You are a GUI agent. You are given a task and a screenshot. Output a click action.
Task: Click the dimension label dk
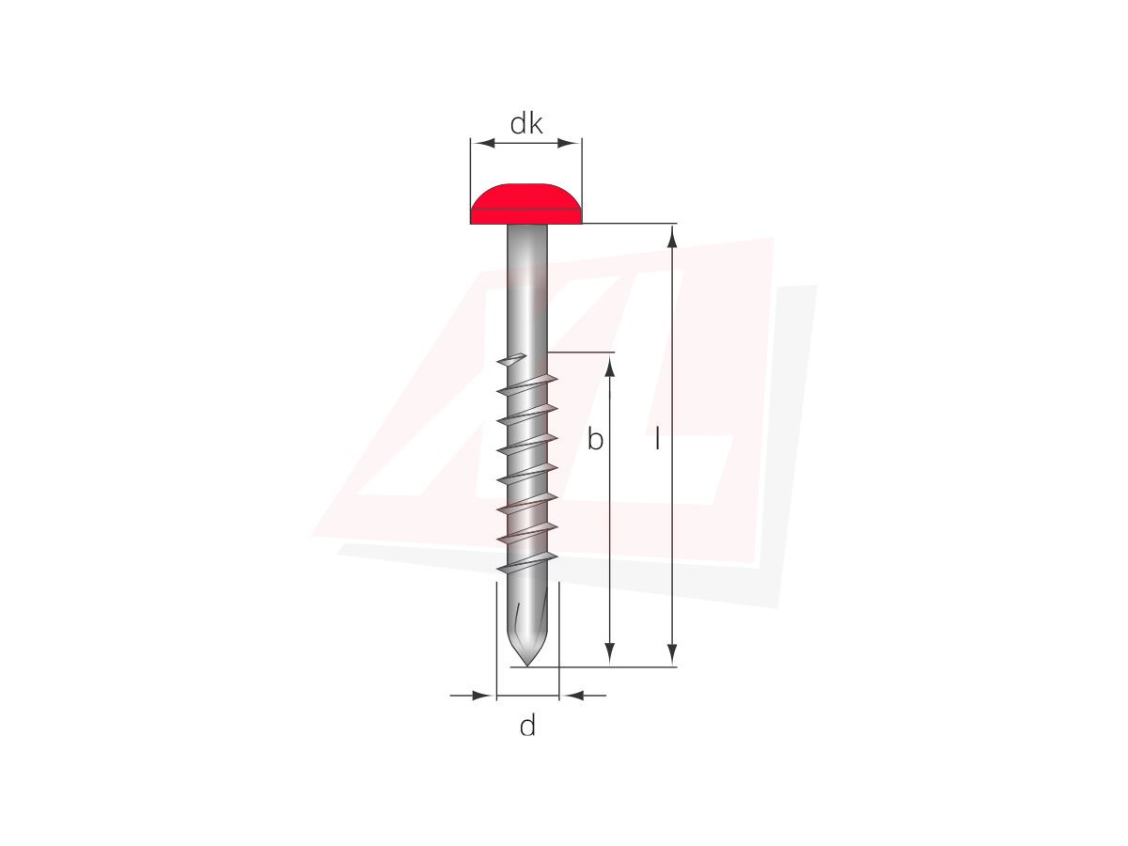525,124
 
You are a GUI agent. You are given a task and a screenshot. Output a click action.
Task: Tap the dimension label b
595,439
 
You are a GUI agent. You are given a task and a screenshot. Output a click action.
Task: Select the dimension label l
657,439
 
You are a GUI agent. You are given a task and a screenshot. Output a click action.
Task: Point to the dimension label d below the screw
527,726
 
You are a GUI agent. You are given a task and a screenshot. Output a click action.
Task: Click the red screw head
526,204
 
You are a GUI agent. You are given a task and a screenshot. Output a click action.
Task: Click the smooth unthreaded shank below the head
527,288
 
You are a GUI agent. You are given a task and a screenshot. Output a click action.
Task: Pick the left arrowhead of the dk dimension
482,143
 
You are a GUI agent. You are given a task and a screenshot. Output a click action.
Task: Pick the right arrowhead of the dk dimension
570,143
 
